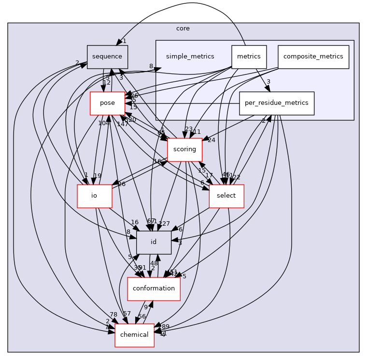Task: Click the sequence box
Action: (x=107, y=57)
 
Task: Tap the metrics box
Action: (x=249, y=57)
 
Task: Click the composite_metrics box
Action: (x=313, y=57)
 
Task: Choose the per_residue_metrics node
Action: (x=277, y=103)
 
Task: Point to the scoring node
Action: (x=184, y=150)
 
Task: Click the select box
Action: (x=226, y=196)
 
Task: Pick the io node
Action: (x=95, y=196)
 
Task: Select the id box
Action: (x=154, y=242)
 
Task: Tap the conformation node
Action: (x=154, y=288)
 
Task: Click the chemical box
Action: (x=134, y=335)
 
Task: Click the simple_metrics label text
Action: (x=190, y=57)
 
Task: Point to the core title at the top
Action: (x=183, y=29)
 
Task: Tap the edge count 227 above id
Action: (x=164, y=223)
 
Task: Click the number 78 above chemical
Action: (x=113, y=315)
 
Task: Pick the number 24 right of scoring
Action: (x=212, y=140)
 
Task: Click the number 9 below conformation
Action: (x=145, y=307)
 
